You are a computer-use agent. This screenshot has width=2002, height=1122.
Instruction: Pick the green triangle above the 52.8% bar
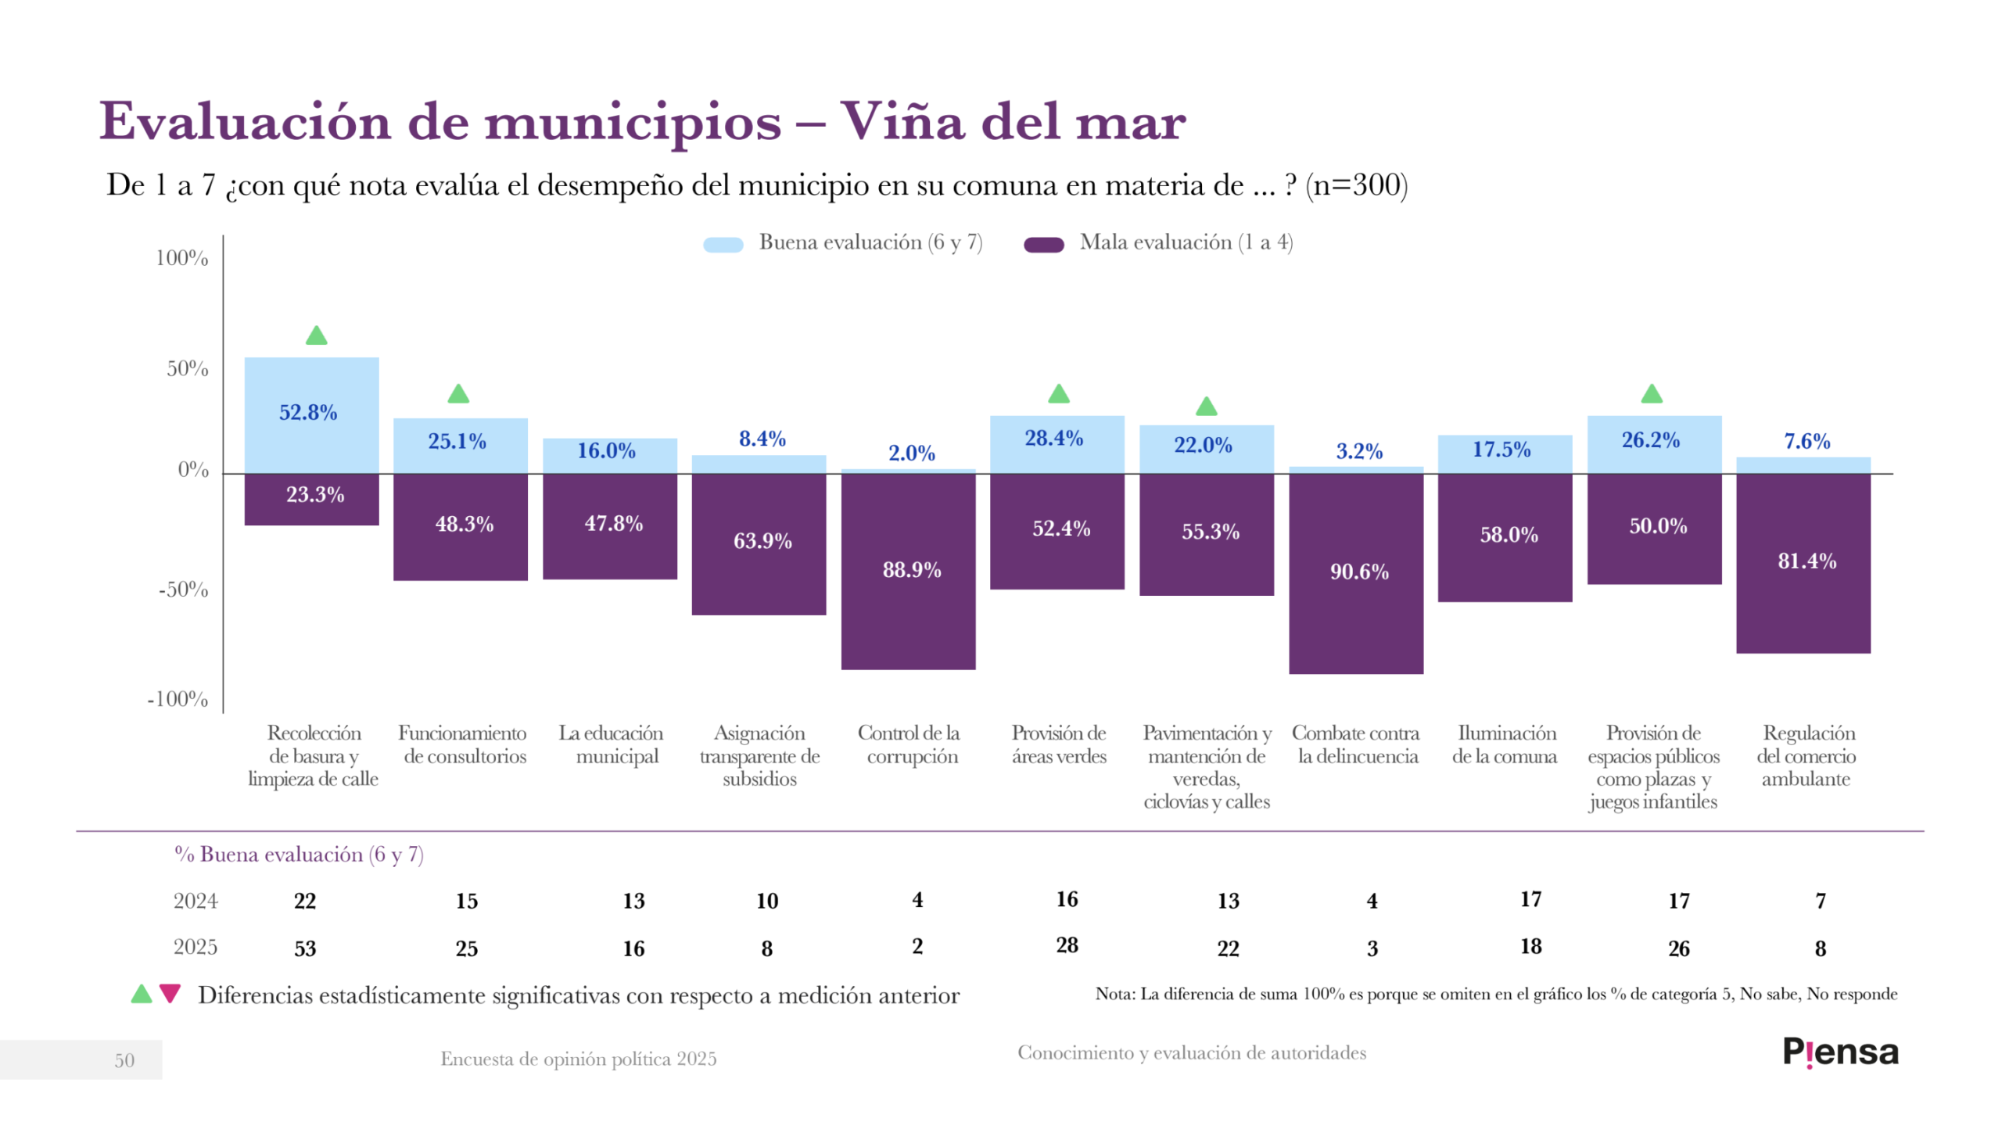[316, 336]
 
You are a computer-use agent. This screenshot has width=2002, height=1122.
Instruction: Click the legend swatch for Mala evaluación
[1043, 245]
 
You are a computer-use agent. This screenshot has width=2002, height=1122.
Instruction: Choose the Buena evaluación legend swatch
[723, 245]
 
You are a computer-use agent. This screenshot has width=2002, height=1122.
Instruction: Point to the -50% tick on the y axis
[184, 590]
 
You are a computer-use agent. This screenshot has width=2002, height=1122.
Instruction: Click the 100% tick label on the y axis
[181, 258]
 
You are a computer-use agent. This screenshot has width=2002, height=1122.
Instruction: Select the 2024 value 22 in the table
[305, 901]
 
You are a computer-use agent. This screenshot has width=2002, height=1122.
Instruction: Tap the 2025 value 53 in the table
[305, 948]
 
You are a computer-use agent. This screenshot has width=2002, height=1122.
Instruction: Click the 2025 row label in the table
[196, 947]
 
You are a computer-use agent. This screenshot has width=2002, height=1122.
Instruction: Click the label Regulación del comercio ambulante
[1806, 755]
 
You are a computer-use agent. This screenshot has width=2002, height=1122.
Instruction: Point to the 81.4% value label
[1806, 561]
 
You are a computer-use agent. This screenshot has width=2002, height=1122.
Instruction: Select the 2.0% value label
[911, 453]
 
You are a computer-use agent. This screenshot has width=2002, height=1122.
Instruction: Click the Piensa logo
[1840, 1052]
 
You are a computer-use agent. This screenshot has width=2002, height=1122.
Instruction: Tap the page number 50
[124, 1060]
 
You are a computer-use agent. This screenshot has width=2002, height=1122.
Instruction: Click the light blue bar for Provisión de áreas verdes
[1057, 444]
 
